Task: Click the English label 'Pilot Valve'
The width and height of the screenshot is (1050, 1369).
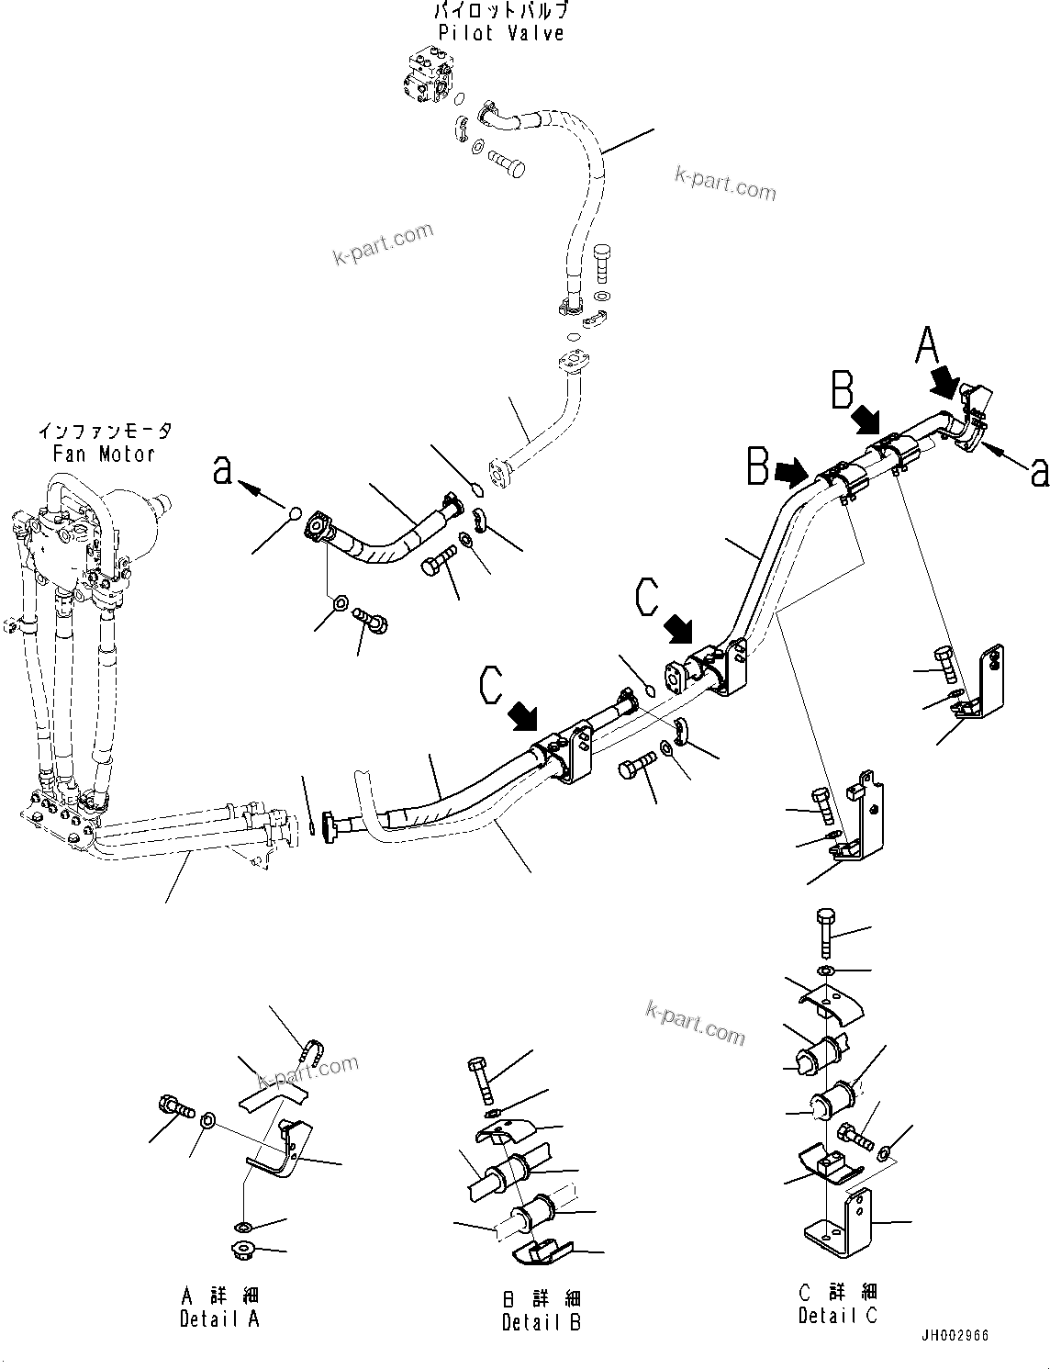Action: point(500,34)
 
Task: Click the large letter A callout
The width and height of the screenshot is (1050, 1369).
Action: point(928,349)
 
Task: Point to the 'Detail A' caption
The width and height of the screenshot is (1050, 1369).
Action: point(220,1319)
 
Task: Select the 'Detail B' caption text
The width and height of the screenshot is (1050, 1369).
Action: point(541,1322)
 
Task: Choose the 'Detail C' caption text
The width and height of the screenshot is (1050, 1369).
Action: point(836,1316)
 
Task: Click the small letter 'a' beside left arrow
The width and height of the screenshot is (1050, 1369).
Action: point(222,471)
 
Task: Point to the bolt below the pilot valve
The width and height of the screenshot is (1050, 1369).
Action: point(503,169)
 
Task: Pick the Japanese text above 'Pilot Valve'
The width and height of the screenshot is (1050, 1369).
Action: point(500,12)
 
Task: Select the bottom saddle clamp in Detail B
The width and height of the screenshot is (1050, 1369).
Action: point(541,1252)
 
